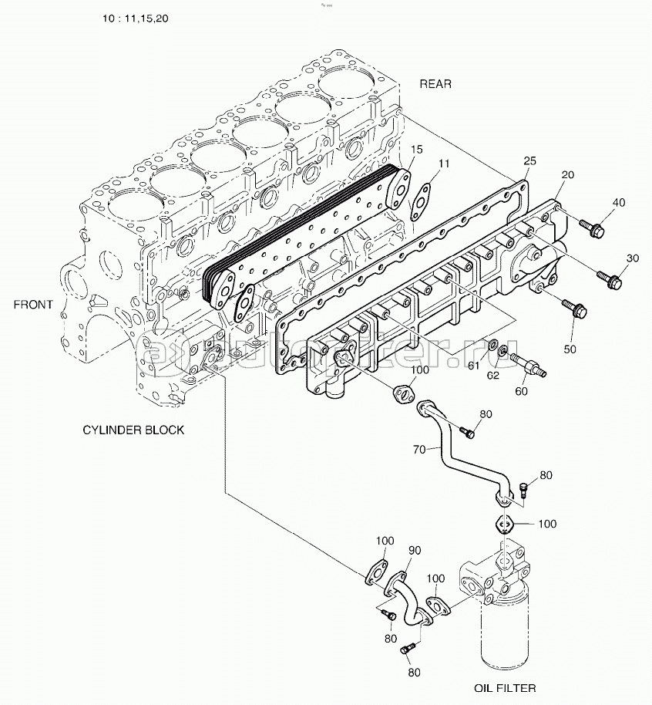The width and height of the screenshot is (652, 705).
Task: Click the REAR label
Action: [x=435, y=84]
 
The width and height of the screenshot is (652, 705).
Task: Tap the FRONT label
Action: [x=33, y=304]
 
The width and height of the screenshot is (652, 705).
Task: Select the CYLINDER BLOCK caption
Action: [x=133, y=430]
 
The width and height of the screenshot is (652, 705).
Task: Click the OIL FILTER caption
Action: [x=506, y=687]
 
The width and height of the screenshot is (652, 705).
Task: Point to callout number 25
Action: [x=529, y=160]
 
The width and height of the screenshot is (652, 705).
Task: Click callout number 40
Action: [x=619, y=203]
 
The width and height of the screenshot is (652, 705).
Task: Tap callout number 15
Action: [x=416, y=149]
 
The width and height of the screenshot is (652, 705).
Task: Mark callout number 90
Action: [x=414, y=550]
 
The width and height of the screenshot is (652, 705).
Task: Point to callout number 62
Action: [x=492, y=376]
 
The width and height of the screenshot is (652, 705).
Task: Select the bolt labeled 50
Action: [x=577, y=312]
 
